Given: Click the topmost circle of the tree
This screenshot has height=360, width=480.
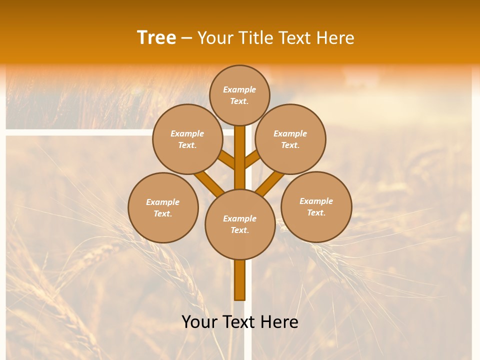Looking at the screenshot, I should click(x=239, y=95).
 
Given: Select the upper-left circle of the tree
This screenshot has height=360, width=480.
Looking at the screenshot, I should click(x=187, y=139).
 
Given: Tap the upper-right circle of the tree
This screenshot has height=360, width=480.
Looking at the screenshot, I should click(x=290, y=139).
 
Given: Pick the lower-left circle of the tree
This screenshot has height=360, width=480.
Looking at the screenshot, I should click(x=163, y=207).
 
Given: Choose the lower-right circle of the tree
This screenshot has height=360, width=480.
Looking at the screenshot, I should click(x=316, y=206).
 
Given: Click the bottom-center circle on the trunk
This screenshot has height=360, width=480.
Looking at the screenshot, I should click(x=240, y=224).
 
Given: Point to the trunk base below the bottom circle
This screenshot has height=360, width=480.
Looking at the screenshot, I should click(x=240, y=280).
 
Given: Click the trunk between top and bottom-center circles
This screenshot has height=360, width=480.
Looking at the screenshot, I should click(x=240, y=157).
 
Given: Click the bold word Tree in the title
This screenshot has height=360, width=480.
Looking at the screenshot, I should click(x=156, y=37).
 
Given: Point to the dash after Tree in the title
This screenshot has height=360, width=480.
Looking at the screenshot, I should click(x=187, y=38).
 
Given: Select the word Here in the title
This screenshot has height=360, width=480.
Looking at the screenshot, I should click(x=335, y=37).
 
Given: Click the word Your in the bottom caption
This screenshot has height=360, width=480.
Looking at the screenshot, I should click(x=200, y=322).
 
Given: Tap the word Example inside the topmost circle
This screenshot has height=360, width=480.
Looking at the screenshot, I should click(x=239, y=89).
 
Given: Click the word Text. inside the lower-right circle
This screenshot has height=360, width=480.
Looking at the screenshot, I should click(x=316, y=212).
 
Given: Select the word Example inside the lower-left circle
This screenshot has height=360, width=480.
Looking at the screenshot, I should click(x=163, y=202).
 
